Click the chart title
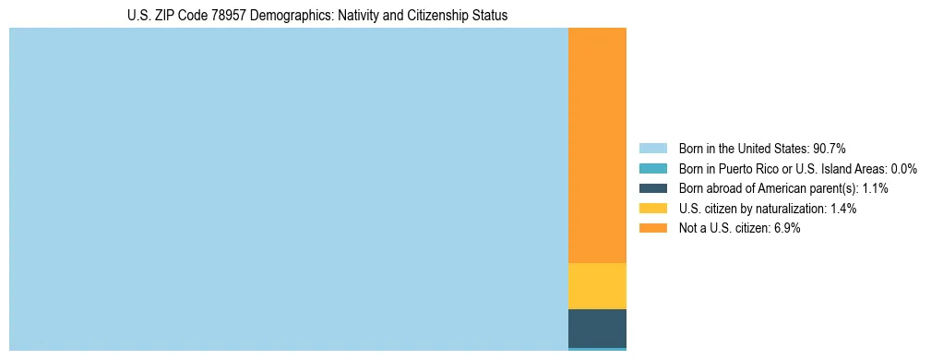pyautogui.click(x=317, y=16)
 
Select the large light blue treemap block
pyautogui.click(x=288, y=188)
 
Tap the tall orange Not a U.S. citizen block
pyautogui.click(x=597, y=145)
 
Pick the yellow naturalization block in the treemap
pyautogui.click(x=597, y=286)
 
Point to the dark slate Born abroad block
pyautogui.click(x=597, y=328)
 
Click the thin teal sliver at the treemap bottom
pyautogui.click(x=597, y=349)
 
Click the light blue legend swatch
pyautogui.click(x=652, y=149)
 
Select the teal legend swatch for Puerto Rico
pyautogui.click(x=652, y=169)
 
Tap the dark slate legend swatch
pyautogui.click(x=652, y=188)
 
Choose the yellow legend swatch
pyautogui.click(x=652, y=209)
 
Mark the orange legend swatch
pyautogui.click(x=652, y=229)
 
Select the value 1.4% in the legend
pyautogui.click(x=841, y=209)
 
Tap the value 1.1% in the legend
pyautogui.click(x=872, y=188)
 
